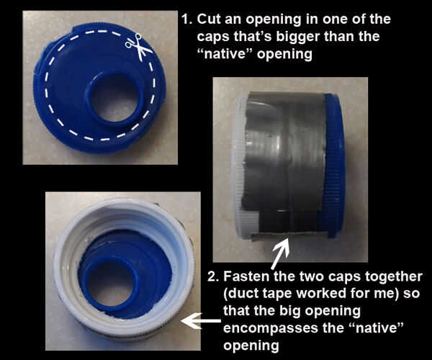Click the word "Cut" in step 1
point(210,19)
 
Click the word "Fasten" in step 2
point(246,276)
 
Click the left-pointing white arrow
point(201,321)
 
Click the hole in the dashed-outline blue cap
point(114,97)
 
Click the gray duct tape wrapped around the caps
point(284,163)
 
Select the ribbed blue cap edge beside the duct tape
point(333,166)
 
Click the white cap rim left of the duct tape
point(238,166)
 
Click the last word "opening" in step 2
point(251,346)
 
